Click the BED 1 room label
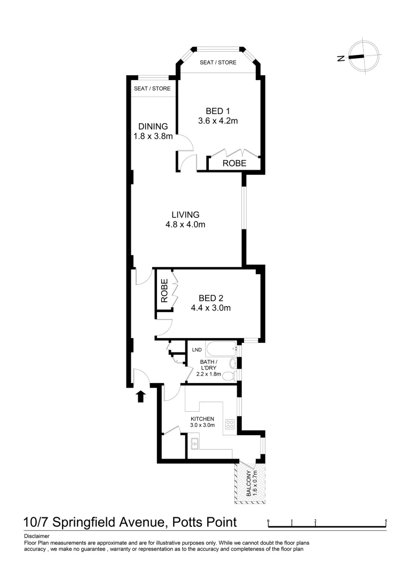pyautogui.click(x=218, y=116)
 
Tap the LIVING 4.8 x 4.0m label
pyautogui.click(x=185, y=219)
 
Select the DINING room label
pyautogui.click(x=153, y=131)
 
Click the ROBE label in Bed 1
pyautogui.click(x=234, y=164)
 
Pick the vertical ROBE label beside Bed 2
pyautogui.click(x=164, y=291)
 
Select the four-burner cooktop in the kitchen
pyautogui.click(x=230, y=425)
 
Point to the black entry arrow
pyautogui.click(x=141, y=396)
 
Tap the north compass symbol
pyautogui.click(x=363, y=55)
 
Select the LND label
pyautogui.click(x=197, y=350)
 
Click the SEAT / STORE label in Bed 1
pyautogui.click(x=218, y=62)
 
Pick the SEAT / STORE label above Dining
pyautogui.click(x=152, y=89)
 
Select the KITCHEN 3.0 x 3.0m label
pyautogui.click(x=202, y=422)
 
